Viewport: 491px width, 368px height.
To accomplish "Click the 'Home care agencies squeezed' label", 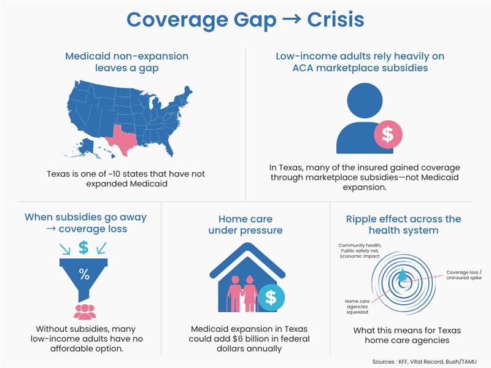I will click(x=358, y=305).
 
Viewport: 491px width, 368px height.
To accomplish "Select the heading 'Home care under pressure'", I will click(x=245, y=224).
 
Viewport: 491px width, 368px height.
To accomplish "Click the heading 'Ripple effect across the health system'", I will click(x=403, y=224).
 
